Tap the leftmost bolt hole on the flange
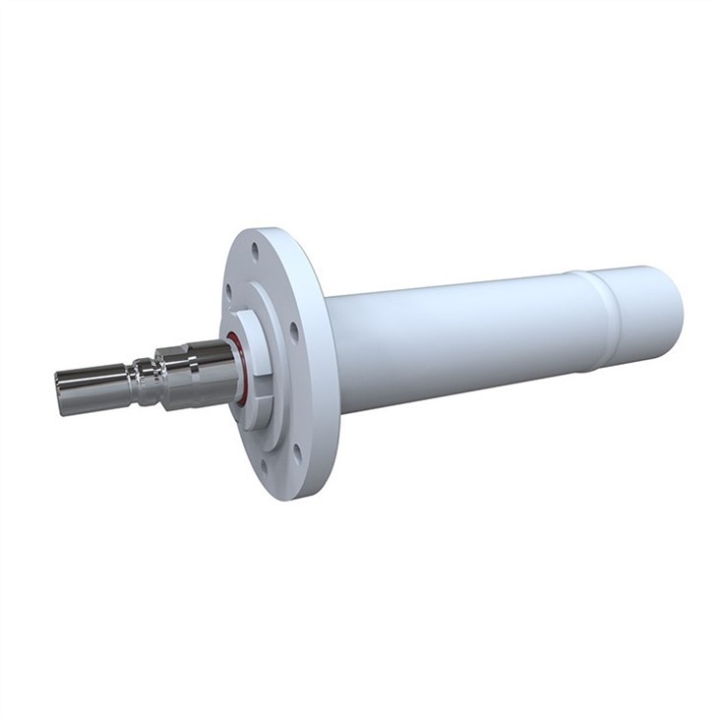pos(229,292)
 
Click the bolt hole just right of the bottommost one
pos(296,451)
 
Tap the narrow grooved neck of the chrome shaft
pos(145,382)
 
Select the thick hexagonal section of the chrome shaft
pos(197,372)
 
